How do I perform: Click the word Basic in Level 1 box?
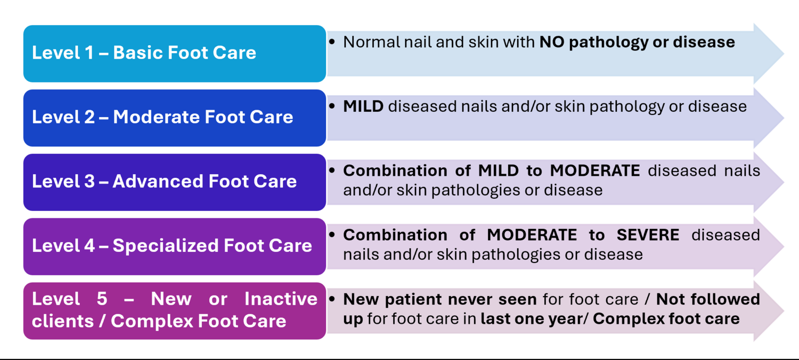[x=137, y=52]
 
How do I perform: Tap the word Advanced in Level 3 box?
[x=158, y=181]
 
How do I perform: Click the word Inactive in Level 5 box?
[x=281, y=299]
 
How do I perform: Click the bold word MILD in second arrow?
[x=363, y=107]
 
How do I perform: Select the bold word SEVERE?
[x=648, y=235]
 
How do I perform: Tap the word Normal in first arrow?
[x=371, y=42]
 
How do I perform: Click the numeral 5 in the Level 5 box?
[x=102, y=299]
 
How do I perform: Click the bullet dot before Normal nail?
[x=332, y=42]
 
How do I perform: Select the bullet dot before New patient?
[x=332, y=299]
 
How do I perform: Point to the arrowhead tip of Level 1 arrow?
[x=784, y=54]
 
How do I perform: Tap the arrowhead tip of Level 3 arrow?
[x=784, y=182]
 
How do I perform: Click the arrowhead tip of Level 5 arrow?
[x=784, y=311]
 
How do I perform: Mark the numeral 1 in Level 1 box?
[x=89, y=52]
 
